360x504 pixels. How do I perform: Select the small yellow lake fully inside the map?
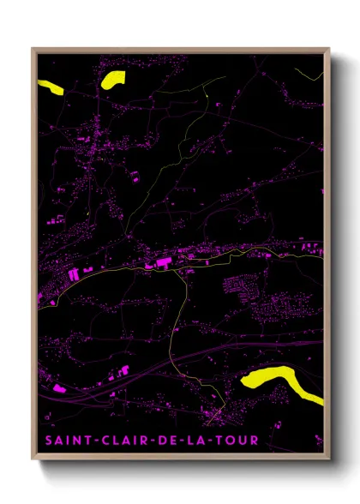(112, 80)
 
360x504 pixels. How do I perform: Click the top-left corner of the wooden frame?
(32, 48)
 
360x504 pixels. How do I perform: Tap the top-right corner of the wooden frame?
(329, 48)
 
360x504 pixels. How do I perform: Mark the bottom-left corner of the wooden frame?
(32, 460)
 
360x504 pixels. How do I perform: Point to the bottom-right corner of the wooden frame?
(329, 460)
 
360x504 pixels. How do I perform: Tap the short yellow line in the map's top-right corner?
(311, 74)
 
